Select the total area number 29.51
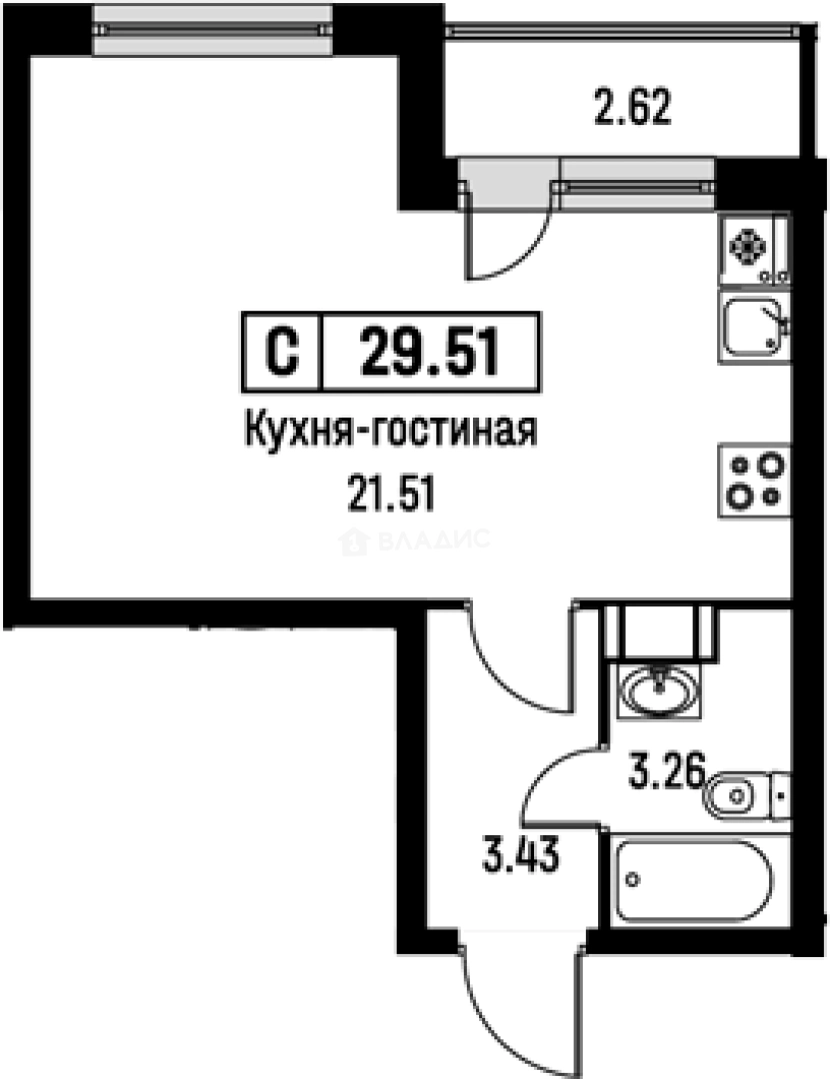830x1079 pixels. (430, 353)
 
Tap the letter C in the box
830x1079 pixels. (283, 353)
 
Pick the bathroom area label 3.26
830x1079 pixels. (667, 772)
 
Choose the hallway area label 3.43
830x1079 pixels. (516, 856)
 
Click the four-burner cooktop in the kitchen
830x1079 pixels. (754, 481)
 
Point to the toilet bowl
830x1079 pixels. (736, 797)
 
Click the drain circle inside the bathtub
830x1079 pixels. (633, 879)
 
